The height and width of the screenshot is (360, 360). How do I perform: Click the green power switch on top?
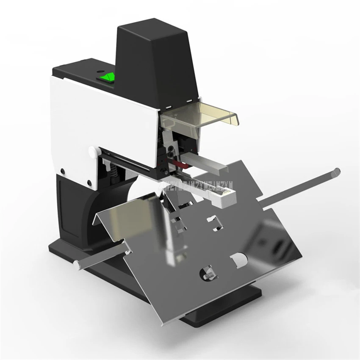pos(106,77)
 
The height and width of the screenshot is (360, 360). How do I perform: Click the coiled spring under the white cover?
pos(114,171)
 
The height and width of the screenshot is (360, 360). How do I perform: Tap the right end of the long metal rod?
pos(336,172)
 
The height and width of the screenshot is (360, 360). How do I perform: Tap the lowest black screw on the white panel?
pos(90,183)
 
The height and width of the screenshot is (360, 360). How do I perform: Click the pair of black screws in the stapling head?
pos(171,150)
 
